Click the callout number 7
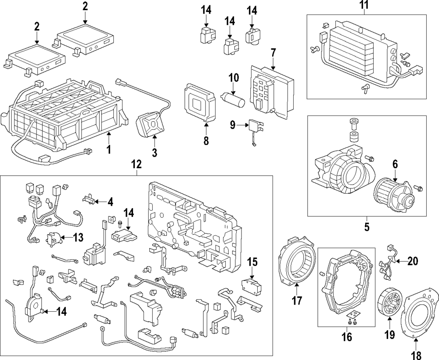coord(273,52)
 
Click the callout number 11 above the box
coord(364,6)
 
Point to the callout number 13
coord(78,238)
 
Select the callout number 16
coord(347,337)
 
